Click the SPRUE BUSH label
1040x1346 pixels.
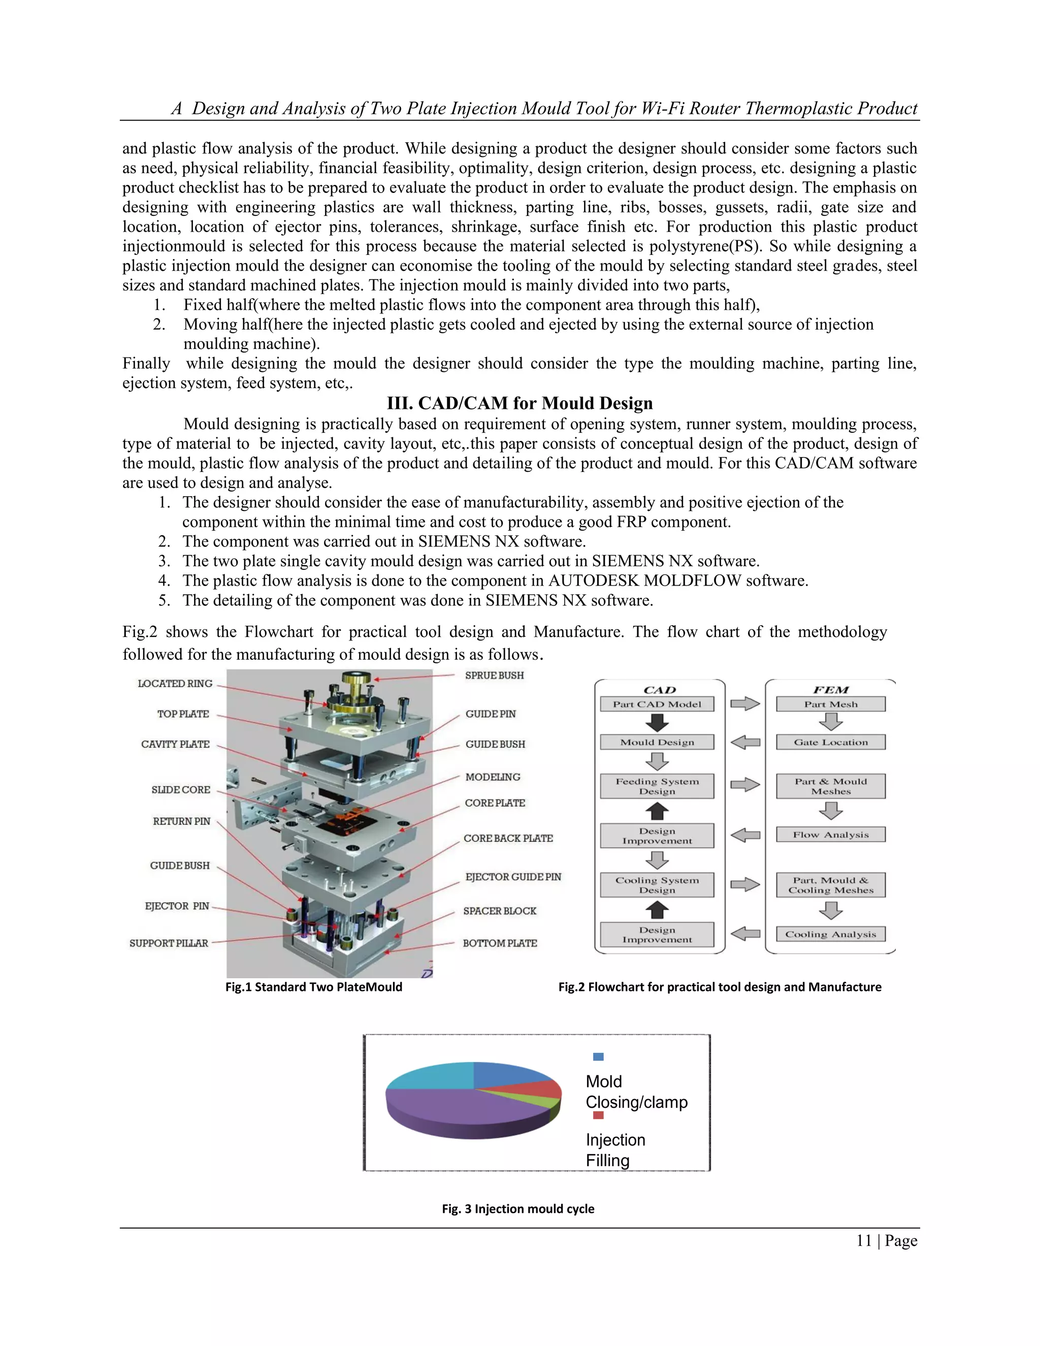click(x=494, y=676)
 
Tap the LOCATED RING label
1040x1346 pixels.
click(x=175, y=684)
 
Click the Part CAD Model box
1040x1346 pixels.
click(x=657, y=704)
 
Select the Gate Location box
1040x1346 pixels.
click(x=830, y=742)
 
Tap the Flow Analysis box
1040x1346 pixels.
click(x=830, y=835)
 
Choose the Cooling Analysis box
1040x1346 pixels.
click(x=830, y=934)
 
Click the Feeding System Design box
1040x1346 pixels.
click(x=657, y=786)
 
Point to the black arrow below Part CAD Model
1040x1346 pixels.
click(x=657, y=722)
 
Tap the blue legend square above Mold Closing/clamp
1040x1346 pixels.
click(x=598, y=1056)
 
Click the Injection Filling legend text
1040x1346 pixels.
click(x=615, y=1150)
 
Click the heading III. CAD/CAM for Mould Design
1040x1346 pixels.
click(x=519, y=403)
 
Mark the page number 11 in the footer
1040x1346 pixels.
click(x=864, y=1241)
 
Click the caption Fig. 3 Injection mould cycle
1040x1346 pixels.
click(x=518, y=1208)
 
